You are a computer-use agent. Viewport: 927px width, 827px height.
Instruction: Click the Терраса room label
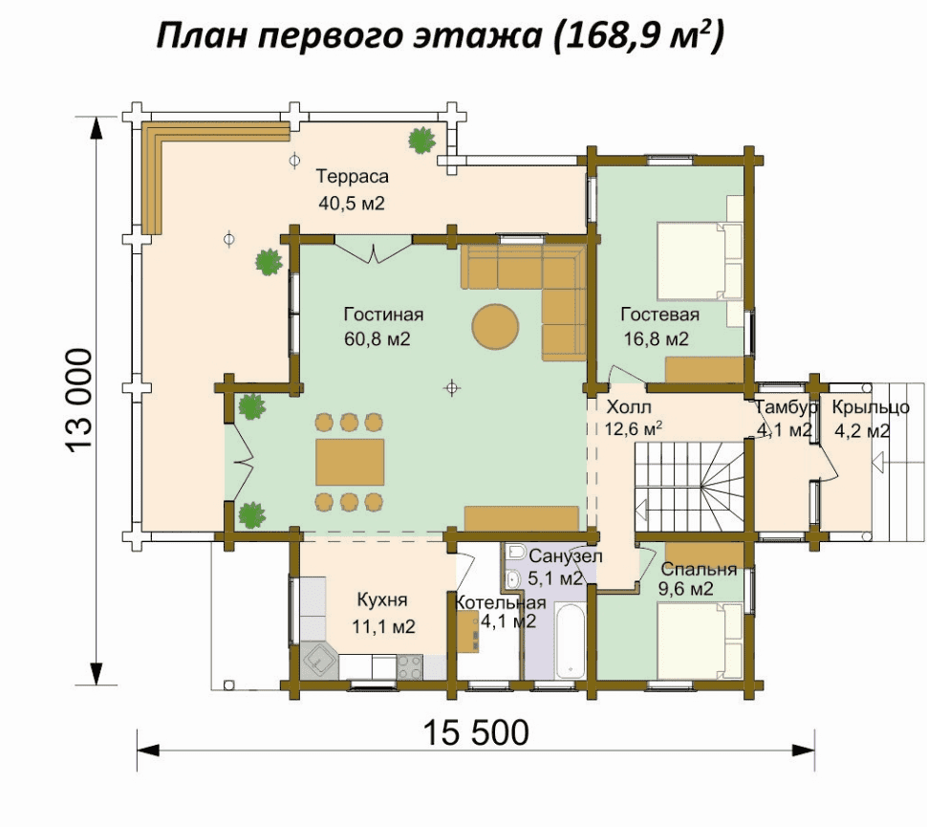[x=352, y=176]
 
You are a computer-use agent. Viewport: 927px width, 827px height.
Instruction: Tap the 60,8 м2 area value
[x=377, y=339]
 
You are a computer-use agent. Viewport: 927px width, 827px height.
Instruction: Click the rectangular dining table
[x=350, y=462]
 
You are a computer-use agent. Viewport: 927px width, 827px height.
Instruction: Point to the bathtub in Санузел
[x=570, y=641]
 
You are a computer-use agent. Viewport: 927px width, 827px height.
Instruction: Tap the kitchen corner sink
[x=318, y=662]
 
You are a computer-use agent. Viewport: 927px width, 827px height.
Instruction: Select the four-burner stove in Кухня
[x=410, y=666]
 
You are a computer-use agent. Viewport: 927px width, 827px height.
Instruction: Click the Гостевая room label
[x=659, y=315]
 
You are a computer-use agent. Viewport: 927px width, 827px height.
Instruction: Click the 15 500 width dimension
[x=476, y=732]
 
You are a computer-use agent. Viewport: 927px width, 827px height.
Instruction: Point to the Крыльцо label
[x=871, y=407]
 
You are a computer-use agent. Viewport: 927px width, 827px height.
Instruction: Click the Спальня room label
[x=699, y=569]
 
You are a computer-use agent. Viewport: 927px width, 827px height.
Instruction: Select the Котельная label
[x=500, y=602]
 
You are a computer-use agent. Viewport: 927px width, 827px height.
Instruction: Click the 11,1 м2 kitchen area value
[x=383, y=626]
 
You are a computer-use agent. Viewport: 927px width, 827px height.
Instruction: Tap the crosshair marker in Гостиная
[x=452, y=388]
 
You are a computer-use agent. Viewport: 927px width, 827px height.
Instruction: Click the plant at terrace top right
[x=422, y=141]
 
